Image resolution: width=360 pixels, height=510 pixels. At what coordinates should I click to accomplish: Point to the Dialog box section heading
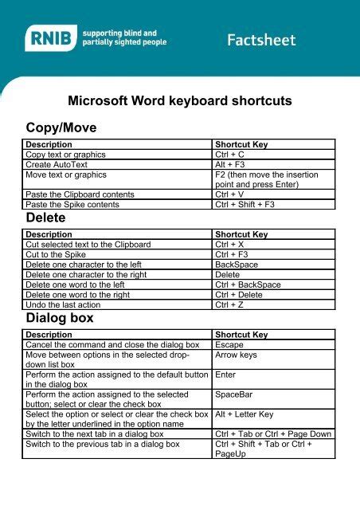[x=60, y=318]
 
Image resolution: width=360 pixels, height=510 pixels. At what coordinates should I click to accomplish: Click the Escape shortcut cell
[x=231, y=345]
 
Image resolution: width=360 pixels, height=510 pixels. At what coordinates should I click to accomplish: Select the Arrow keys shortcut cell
[x=237, y=355]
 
